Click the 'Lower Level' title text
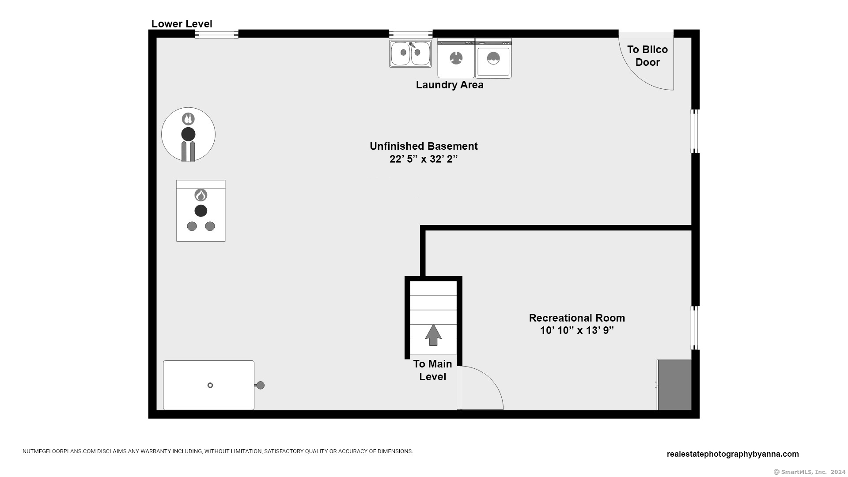click(182, 24)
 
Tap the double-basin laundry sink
click(410, 53)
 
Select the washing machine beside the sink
click(456, 58)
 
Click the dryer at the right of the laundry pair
click(493, 58)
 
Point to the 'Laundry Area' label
click(450, 85)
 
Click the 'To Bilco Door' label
click(647, 56)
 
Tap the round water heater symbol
click(188, 134)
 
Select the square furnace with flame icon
click(201, 211)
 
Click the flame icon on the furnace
click(201, 195)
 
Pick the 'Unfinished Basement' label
click(424, 146)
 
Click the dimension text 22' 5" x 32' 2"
click(424, 159)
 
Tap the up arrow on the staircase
click(433, 335)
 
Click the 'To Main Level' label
click(433, 370)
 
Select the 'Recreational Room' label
click(577, 318)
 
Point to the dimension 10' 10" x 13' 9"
click(577, 330)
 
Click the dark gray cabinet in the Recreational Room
click(674, 385)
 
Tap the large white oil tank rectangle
click(208, 385)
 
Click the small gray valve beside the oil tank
click(260, 385)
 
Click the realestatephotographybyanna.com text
click(733, 454)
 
